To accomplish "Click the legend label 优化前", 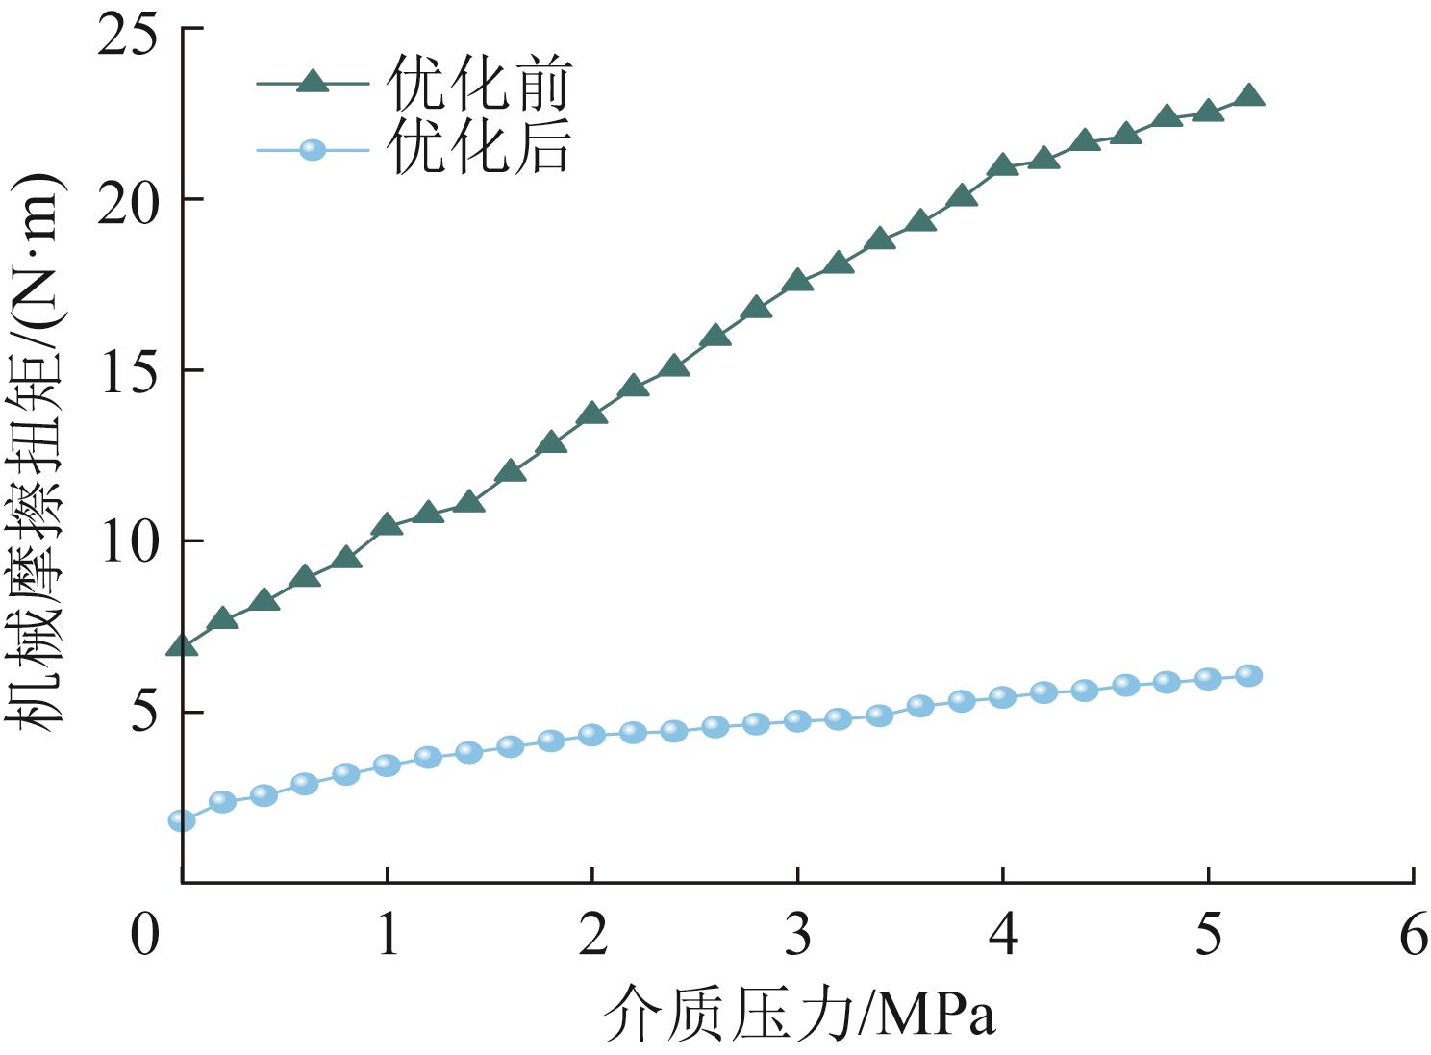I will (478, 83).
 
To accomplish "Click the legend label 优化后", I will (478, 148).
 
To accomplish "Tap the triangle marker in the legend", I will (313, 83).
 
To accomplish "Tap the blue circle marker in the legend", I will (313, 150).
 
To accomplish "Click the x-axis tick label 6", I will (1413, 933).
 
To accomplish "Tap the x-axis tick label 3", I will (797, 933).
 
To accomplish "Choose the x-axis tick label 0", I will (145, 933).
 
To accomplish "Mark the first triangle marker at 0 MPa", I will (182, 646).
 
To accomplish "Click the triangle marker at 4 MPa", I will (1003, 165).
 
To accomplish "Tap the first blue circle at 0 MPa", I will (182, 820).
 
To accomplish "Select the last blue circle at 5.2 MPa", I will (1249, 675).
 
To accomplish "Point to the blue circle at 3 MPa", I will (797, 720).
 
